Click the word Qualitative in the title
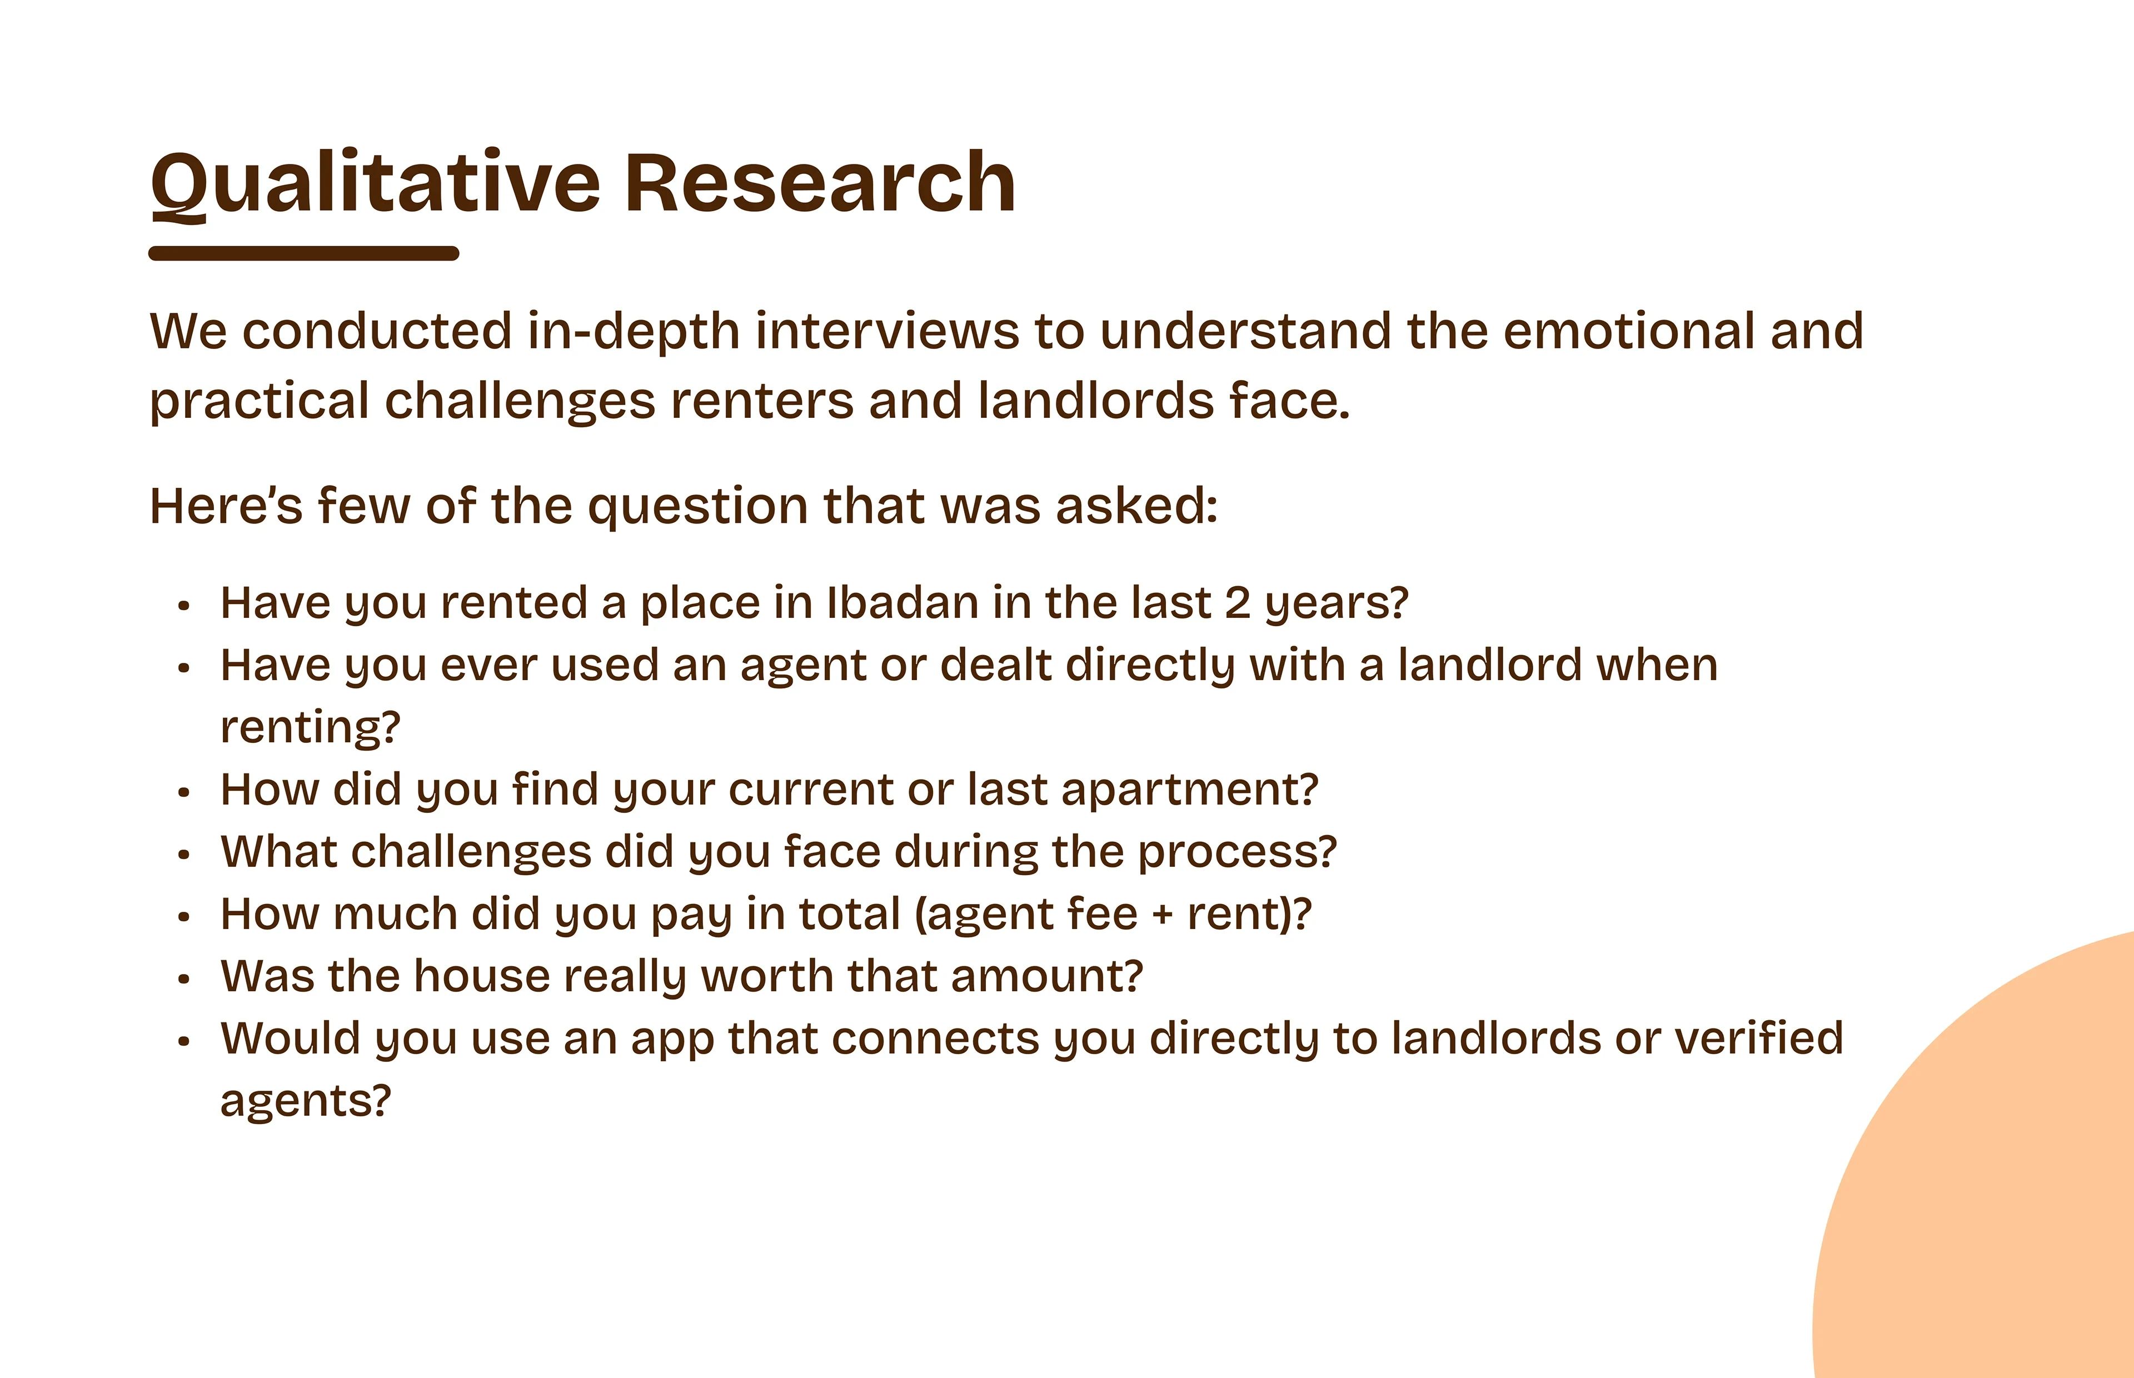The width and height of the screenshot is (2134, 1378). [x=376, y=184]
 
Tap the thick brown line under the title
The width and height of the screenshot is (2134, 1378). [x=304, y=253]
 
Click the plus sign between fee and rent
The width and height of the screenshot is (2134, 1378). [x=1162, y=915]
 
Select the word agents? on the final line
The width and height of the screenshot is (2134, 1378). [x=306, y=1101]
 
